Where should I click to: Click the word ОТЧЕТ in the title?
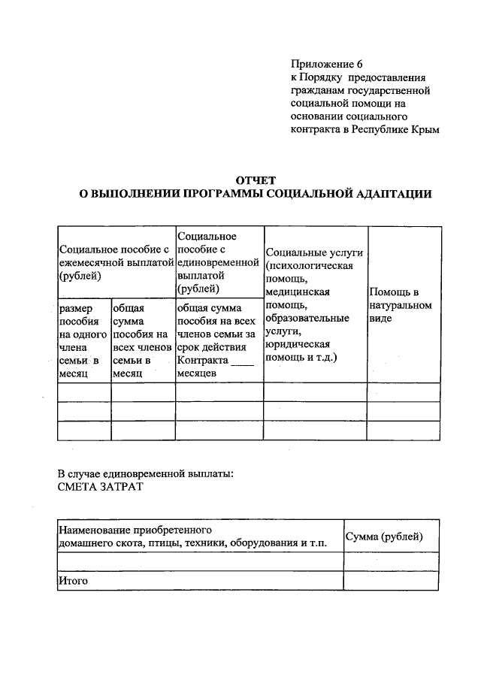[256, 180]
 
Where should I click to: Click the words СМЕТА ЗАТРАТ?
[98, 486]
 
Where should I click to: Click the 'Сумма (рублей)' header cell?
[383, 536]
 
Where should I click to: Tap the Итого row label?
[73, 580]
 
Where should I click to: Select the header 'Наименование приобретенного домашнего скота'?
[192, 536]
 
